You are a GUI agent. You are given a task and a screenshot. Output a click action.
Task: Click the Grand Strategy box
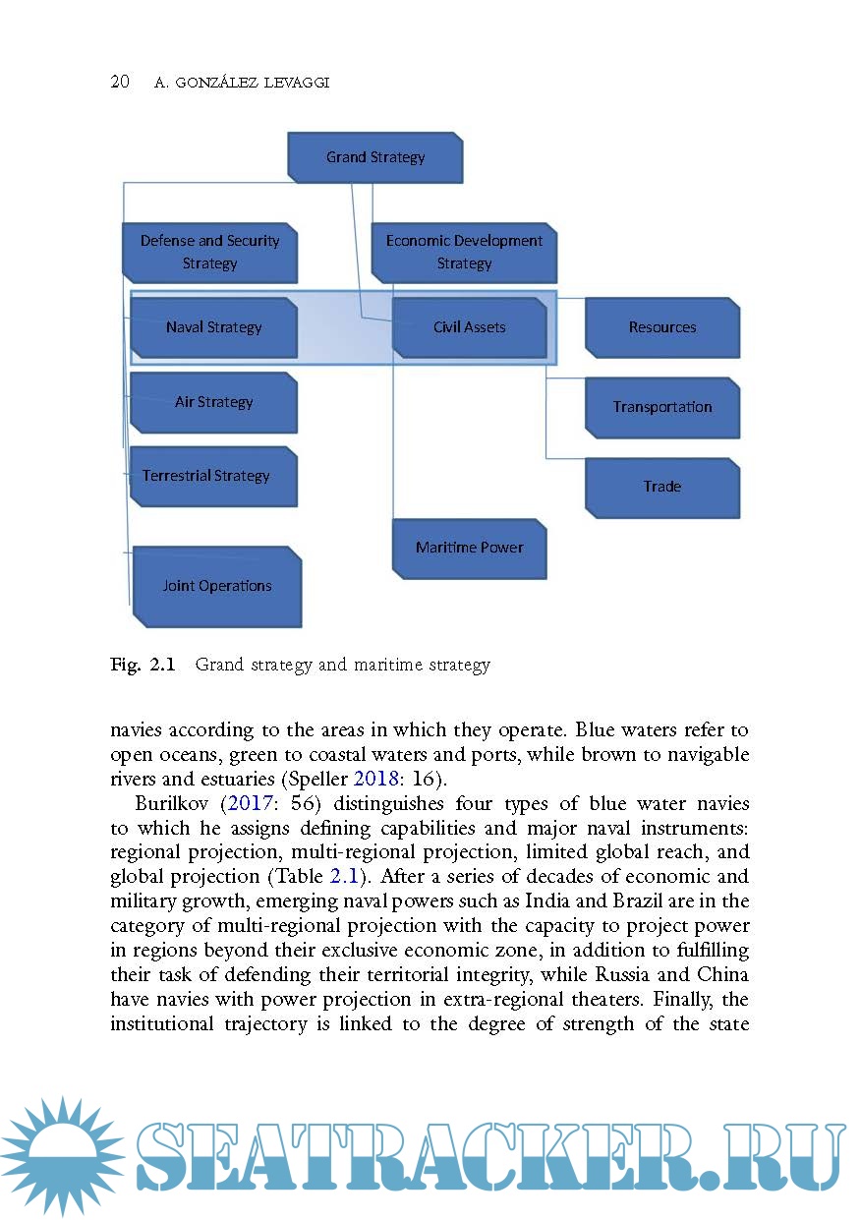point(374,157)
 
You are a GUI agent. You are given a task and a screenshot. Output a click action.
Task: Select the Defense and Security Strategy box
point(209,253)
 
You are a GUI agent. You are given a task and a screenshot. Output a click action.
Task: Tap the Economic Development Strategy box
point(464,253)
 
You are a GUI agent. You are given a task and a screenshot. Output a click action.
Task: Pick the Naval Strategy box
point(213,327)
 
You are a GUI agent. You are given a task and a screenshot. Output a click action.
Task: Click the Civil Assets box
point(469,327)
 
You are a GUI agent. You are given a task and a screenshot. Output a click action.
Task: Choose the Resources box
point(661,327)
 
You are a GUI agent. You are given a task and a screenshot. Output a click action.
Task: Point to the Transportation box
point(661,407)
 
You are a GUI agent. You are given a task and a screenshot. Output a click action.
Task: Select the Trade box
point(661,487)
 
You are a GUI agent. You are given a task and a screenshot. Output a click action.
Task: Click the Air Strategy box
point(213,402)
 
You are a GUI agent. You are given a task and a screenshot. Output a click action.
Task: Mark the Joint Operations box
point(216,586)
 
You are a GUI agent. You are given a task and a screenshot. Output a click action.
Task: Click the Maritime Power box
point(469,548)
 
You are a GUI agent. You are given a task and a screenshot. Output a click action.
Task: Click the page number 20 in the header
point(120,83)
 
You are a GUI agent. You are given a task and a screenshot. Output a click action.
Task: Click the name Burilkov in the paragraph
point(173,803)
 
